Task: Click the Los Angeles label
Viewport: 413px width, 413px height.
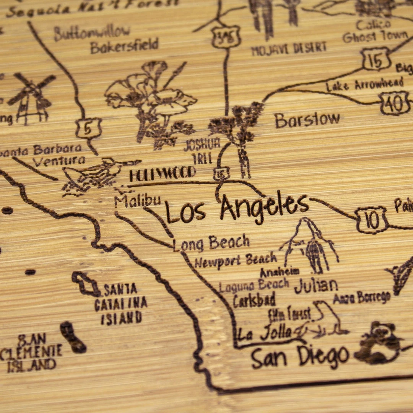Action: click(x=237, y=209)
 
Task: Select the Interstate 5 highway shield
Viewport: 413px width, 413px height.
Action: click(x=88, y=128)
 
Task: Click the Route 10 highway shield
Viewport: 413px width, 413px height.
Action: click(x=371, y=220)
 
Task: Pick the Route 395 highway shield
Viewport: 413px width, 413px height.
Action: click(x=226, y=37)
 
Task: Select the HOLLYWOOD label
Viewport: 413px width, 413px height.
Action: click(x=162, y=174)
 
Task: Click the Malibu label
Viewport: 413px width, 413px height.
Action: click(x=137, y=201)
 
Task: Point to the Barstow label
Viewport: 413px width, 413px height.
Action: click(x=307, y=120)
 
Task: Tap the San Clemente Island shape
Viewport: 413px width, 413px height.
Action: click(x=73, y=337)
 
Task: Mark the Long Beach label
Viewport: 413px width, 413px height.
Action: click(x=211, y=243)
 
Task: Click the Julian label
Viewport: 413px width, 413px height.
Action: click(x=316, y=285)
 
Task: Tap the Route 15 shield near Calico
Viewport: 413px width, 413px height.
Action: click(x=376, y=59)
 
